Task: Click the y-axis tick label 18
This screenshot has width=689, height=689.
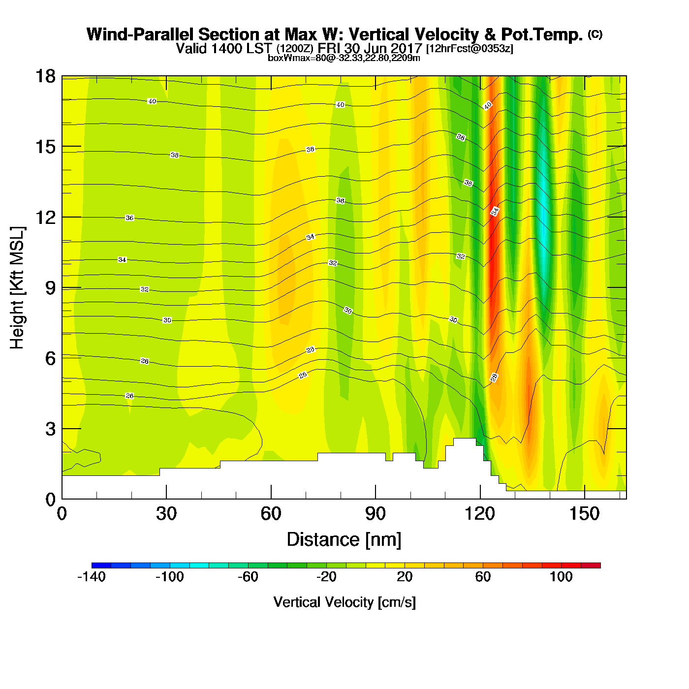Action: click(45, 76)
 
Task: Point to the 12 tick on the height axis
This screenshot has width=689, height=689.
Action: click(45, 217)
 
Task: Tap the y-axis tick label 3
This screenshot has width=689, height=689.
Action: click(50, 429)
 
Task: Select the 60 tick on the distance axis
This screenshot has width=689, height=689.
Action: click(271, 514)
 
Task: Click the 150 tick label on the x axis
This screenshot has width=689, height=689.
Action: click(584, 514)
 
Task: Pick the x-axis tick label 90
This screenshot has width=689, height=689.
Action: click(376, 514)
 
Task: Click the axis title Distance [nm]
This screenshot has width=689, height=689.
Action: click(344, 539)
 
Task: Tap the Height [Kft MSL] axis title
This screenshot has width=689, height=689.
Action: click(17, 288)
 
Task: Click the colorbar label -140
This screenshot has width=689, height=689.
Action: click(92, 577)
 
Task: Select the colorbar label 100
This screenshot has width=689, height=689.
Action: click(561, 577)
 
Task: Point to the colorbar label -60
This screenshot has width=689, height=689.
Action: click(248, 577)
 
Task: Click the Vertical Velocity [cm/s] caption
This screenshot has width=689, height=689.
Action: click(344, 602)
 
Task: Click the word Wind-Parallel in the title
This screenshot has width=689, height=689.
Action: click(140, 34)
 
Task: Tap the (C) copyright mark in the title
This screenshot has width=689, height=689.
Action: click(595, 34)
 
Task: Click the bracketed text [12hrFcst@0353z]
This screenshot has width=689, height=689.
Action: click(469, 48)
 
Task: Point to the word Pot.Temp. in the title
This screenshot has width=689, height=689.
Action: click(541, 34)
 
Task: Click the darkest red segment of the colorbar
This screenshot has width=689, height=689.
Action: click(591, 565)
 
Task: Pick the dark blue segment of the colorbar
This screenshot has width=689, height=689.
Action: click(101, 565)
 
